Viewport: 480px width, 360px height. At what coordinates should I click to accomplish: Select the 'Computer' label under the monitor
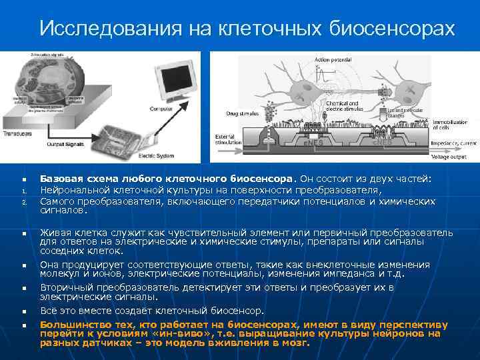coord(161,109)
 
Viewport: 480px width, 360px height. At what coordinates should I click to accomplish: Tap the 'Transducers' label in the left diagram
coord(19,133)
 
